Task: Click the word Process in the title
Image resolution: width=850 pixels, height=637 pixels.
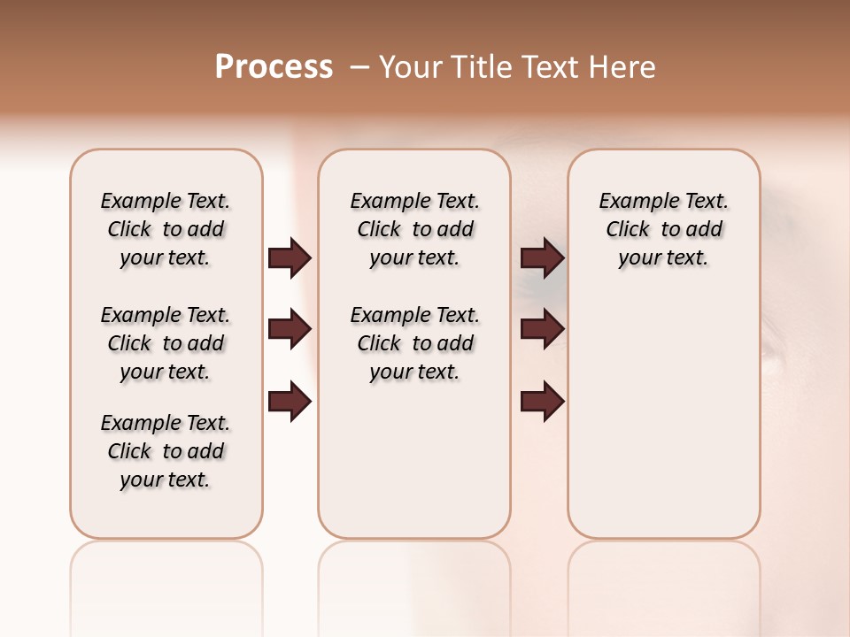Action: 274,66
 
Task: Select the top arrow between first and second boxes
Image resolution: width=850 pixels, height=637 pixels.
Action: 290,257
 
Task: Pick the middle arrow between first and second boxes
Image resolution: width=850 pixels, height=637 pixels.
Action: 290,330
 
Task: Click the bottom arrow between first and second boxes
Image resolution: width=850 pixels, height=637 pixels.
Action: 290,402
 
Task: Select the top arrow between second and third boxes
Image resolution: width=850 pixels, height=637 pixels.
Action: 543,257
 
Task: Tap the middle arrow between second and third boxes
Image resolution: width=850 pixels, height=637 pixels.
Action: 543,330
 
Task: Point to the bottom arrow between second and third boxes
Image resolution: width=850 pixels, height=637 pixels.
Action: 543,402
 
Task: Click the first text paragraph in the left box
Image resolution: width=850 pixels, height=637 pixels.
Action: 166,229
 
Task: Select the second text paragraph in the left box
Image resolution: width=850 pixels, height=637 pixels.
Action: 166,343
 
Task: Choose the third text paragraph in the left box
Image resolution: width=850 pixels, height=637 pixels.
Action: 166,451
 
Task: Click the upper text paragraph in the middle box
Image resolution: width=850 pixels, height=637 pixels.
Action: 414,229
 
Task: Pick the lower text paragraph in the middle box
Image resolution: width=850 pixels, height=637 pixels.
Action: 414,343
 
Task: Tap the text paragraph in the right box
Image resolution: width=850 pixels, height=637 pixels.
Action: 663,229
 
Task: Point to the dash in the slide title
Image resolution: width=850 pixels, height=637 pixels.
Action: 359,67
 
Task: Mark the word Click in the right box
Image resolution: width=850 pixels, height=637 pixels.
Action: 628,230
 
